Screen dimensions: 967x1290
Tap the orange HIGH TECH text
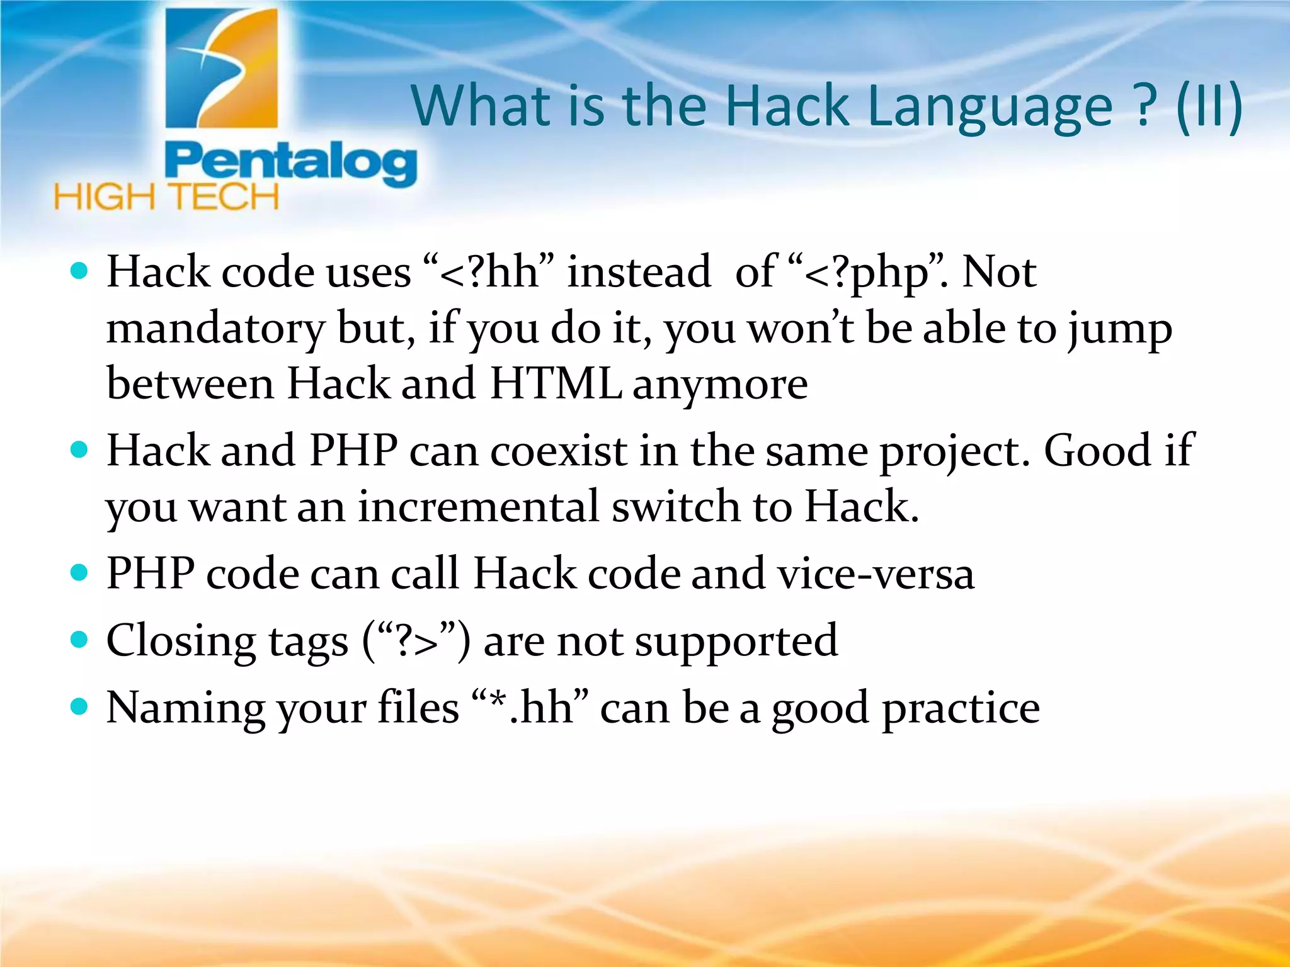166,197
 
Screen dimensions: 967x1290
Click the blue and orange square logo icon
221,68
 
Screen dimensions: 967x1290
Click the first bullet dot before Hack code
79,272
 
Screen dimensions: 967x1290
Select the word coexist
558,451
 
